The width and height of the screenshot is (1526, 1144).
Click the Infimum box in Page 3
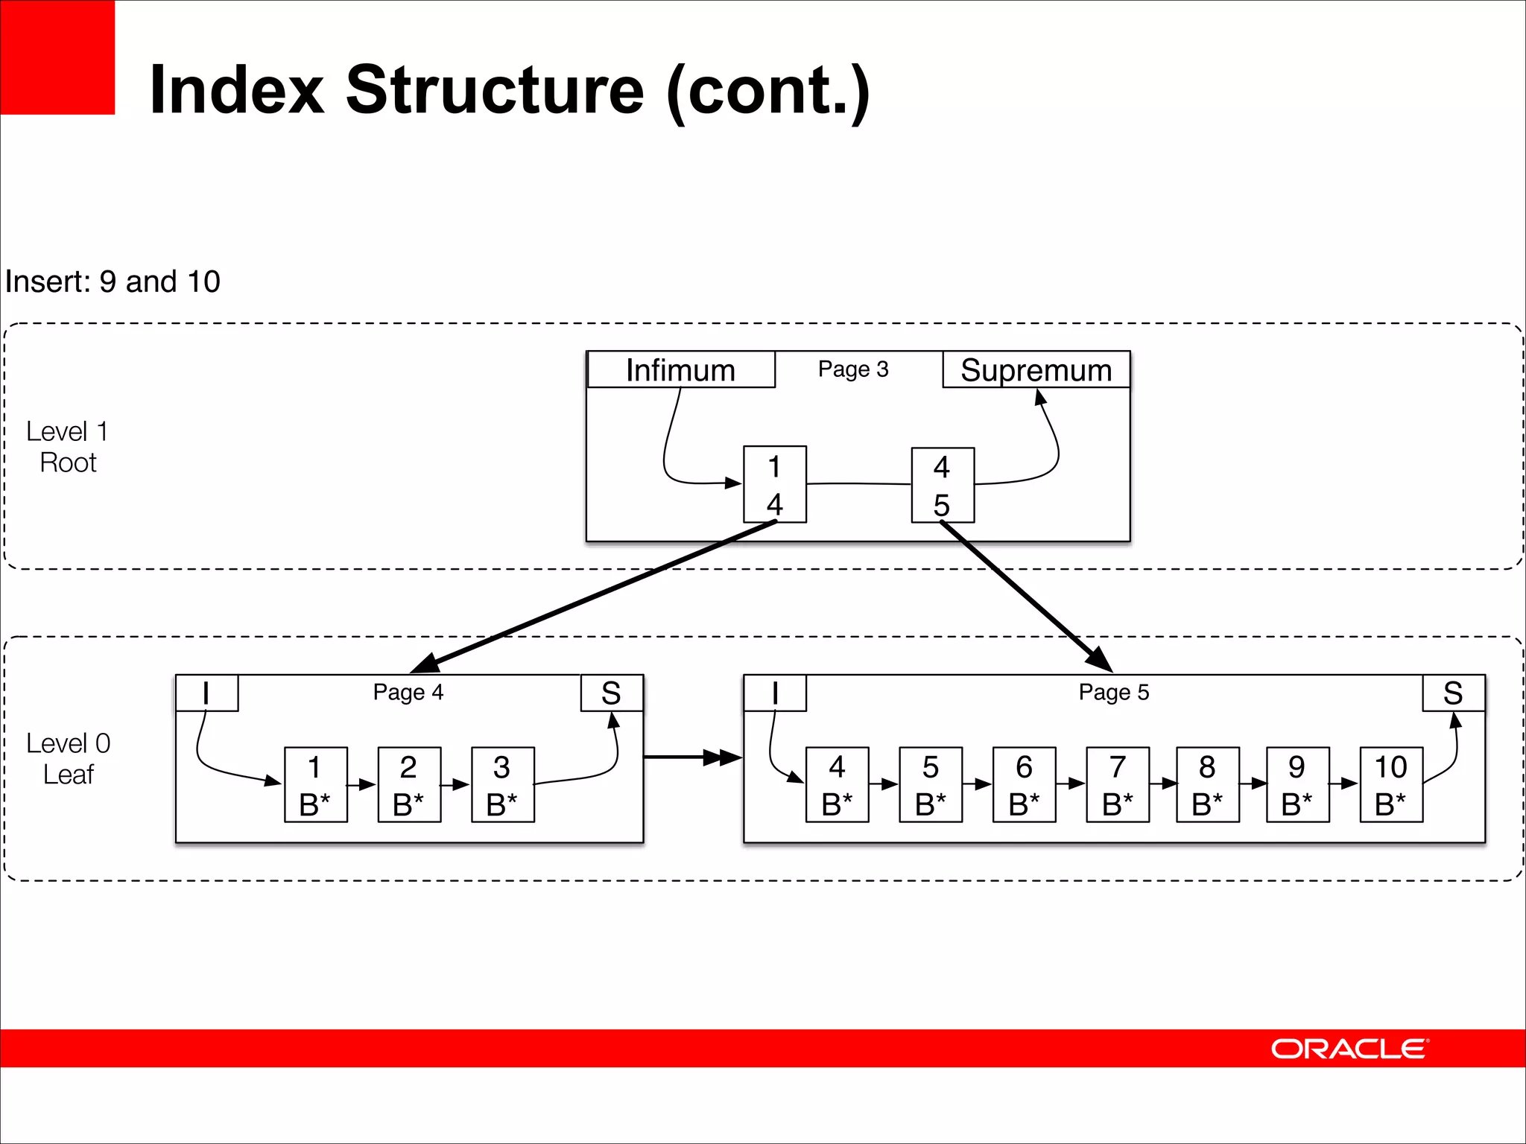pyautogui.click(x=681, y=370)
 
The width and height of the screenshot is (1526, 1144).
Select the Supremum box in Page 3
pyautogui.click(x=1036, y=370)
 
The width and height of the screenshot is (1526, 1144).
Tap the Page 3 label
pyautogui.click(x=853, y=369)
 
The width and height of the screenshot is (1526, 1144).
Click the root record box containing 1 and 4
pyautogui.click(x=775, y=485)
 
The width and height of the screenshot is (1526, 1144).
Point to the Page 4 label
pyautogui.click(x=408, y=693)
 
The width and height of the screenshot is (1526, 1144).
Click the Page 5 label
pyautogui.click(x=1114, y=693)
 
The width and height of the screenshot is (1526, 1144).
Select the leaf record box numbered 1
pyautogui.click(x=316, y=785)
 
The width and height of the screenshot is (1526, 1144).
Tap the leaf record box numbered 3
pyautogui.click(x=503, y=785)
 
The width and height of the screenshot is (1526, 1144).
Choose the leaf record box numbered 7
pyautogui.click(x=1118, y=785)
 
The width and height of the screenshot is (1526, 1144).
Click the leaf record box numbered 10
pyautogui.click(x=1391, y=785)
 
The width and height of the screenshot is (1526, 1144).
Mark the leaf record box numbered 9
pyautogui.click(x=1297, y=785)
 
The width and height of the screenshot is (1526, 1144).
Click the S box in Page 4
pyautogui.click(x=612, y=693)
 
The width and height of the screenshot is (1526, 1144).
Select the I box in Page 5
pyautogui.click(x=775, y=693)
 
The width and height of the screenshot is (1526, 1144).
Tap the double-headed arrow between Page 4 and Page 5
pyautogui.click(x=693, y=757)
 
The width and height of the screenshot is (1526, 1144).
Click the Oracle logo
pyautogui.click(x=1349, y=1049)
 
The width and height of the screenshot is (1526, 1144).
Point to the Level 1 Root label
pyautogui.click(x=68, y=447)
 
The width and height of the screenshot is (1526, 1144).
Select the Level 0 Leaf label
pyautogui.click(x=68, y=759)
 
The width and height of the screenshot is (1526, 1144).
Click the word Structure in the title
pyautogui.click(x=495, y=90)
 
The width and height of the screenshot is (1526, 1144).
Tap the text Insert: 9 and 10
pyautogui.click(x=113, y=282)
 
